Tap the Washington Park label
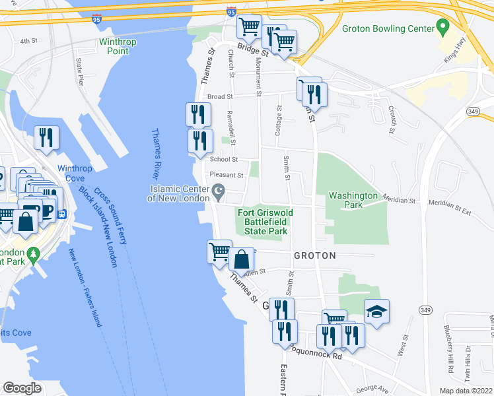click(x=353, y=200)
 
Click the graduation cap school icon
click(x=376, y=311)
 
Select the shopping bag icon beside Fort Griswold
click(x=242, y=258)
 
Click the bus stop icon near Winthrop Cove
click(x=63, y=214)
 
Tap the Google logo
click(x=22, y=387)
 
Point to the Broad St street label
click(x=221, y=96)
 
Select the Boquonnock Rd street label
click(x=319, y=356)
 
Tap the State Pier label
click(x=81, y=73)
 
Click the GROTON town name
click(x=314, y=255)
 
